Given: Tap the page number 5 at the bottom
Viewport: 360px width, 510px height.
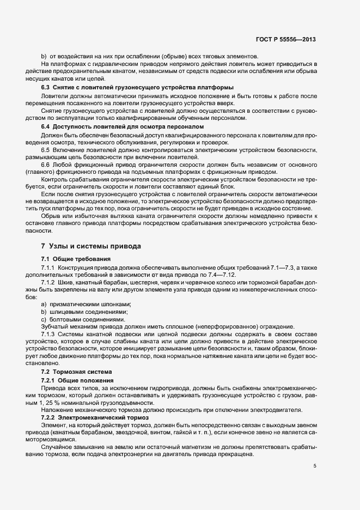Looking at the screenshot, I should click(314, 466).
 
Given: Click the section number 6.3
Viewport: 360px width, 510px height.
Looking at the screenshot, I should click(45, 87).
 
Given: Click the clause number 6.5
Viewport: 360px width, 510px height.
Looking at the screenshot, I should click(45, 150).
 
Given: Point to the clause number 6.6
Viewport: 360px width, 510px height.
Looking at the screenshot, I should click(45, 166).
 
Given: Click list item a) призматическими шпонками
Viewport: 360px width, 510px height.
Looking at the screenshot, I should click(87, 304).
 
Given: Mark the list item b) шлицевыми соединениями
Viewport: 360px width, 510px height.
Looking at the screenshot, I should click(83, 312).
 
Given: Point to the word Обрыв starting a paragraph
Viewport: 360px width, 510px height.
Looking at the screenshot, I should click(51, 215).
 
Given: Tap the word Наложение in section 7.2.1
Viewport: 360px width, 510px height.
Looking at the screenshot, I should click(58, 410).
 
